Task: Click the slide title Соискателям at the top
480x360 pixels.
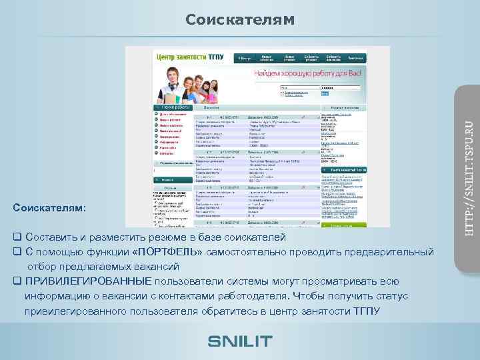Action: click(x=239, y=19)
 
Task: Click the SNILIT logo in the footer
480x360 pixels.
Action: click(x=240, y=341)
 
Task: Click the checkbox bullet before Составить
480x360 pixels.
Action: click(x=17, y=238)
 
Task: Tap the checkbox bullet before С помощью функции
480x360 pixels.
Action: click(x=17, y=253)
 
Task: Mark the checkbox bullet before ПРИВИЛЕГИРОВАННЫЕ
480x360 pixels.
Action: click(x=17, y=281)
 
